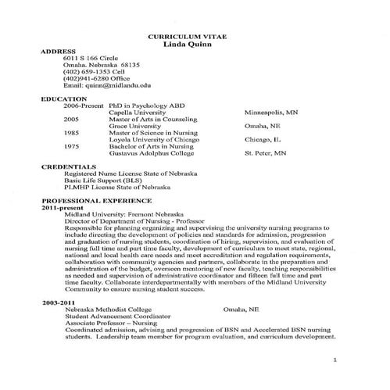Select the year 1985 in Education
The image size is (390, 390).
pyautogui.click(x=71, y=133)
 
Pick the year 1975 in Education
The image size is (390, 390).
pyautogui.click(x=71, y=147)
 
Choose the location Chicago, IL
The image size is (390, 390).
pyautogui.click(x=263, y=140)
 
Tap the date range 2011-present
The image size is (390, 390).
pyautogui.click(x=61, y=207)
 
